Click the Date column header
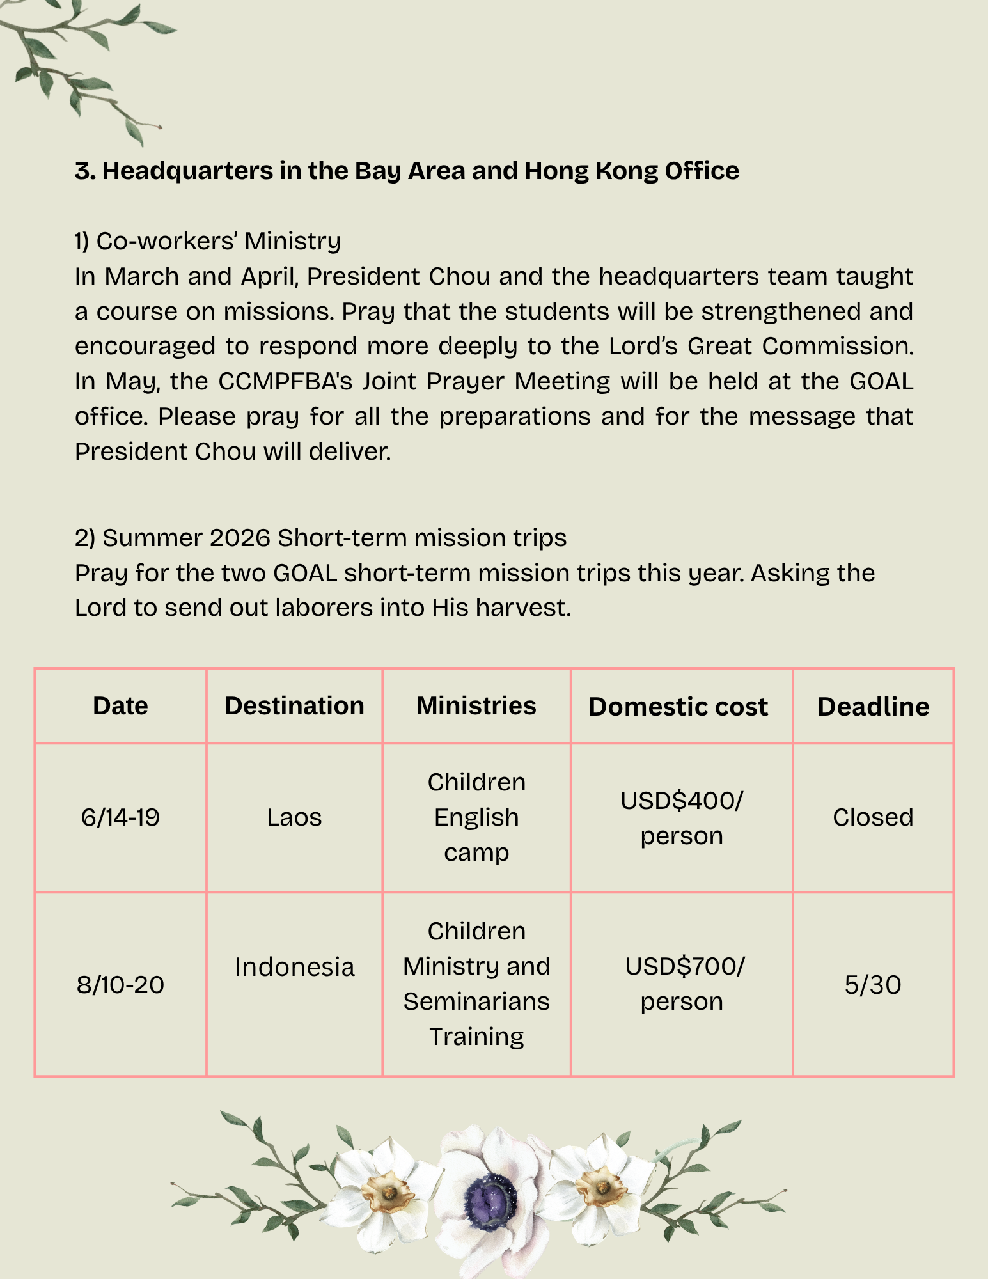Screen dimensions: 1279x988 (120, 706)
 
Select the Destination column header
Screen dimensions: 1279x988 (294, 706)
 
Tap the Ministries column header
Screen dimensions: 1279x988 (476, 706)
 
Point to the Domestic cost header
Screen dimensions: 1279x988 (678, 707)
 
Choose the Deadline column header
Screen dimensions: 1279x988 (873, 707)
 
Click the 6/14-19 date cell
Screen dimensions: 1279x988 (120, 817)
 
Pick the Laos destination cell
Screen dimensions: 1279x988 (294, 817)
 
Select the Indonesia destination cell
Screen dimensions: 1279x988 (294, 967)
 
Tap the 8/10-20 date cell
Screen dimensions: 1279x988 (120, 984)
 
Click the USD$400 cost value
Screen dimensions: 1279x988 (682, 801)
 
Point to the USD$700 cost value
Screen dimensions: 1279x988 (684, 966)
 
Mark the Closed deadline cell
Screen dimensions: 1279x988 (873, 817)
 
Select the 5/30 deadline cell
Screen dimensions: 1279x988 (873, 984)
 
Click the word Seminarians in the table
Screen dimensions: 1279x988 (476, 1001)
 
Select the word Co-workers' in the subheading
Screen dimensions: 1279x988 (167, 241)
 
